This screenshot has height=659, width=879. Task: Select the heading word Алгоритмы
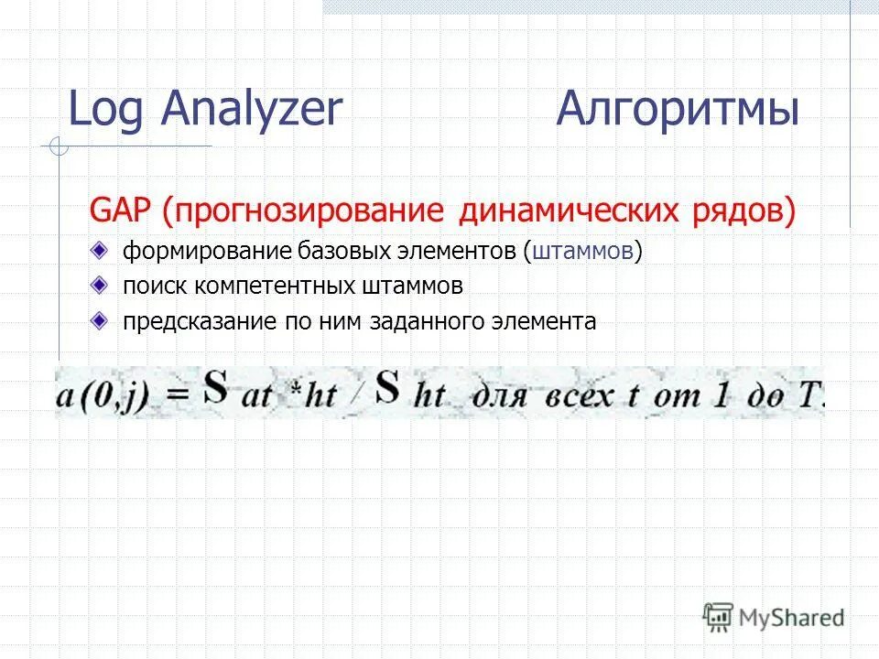coord(678,111)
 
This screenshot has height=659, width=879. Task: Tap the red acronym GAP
coord(122,211)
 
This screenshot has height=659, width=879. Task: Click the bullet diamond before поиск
coord(99,286)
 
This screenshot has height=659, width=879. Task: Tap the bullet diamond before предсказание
coord(99,321)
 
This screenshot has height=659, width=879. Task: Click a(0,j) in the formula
coord(102,395)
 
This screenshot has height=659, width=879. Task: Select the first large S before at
coord(215,389)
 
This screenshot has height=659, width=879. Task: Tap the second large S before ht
coord(388,389)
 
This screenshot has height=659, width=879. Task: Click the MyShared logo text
coord(792,618)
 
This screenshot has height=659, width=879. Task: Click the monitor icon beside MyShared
coord(719,616)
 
